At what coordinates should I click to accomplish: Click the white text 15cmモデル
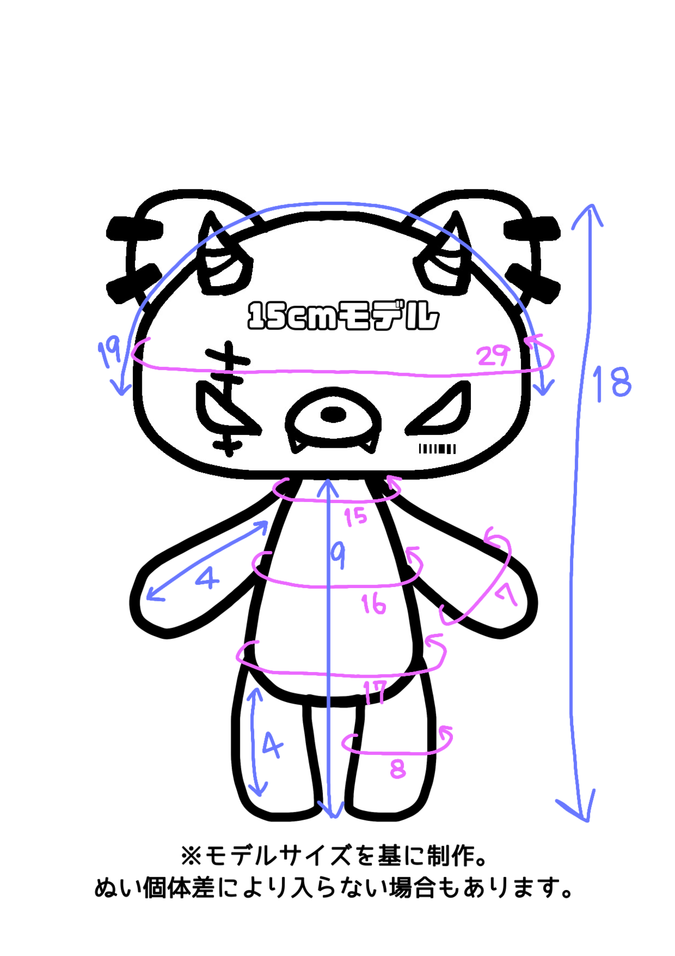tap(343, 316)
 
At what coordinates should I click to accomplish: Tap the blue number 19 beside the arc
tap(110, 352)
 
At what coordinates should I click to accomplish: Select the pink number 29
tap(494, 356)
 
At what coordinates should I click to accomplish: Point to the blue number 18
tap(611, 382)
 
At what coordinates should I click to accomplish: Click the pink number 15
tap(355, 517)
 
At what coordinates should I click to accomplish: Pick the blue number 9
tap(338, 556)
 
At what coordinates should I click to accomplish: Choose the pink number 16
tap(373, 604)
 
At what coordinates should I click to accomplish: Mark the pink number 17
tap(375, 693)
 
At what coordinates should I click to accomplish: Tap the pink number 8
tap(398, 769)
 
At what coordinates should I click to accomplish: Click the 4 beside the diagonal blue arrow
tap(208, 579)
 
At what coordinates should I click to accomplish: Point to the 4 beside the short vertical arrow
tap(272, 744)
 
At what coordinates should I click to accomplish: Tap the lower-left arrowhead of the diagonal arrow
tap(151, 596)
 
